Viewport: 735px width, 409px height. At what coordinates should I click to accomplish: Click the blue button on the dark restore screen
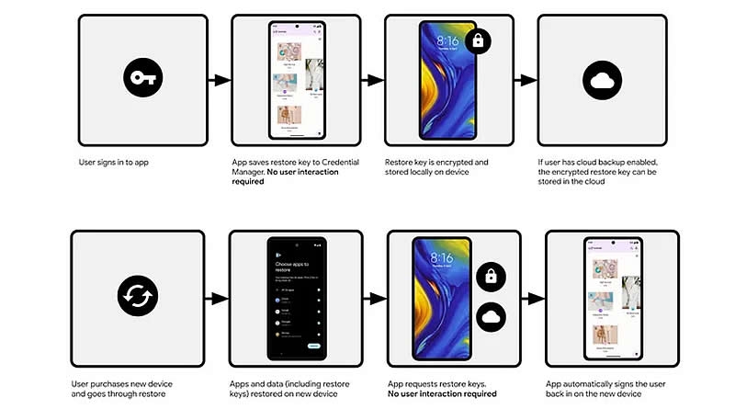[x=313, y=346]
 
